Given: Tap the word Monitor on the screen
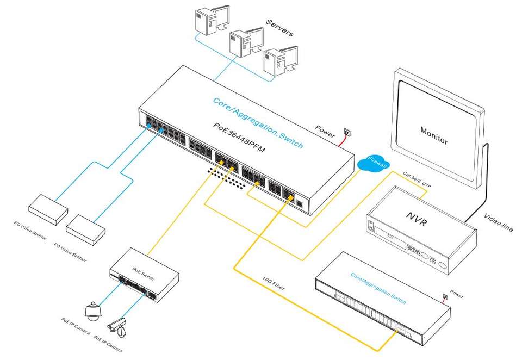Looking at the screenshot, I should [434, 135].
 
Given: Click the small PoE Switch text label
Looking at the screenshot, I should [143, 270].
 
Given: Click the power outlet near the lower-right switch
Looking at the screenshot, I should [445, 297].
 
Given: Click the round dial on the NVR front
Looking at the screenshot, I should [444, 267].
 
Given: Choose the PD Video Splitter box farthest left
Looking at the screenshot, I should [48, 206].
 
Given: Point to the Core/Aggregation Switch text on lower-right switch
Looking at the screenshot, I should [378, 288].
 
